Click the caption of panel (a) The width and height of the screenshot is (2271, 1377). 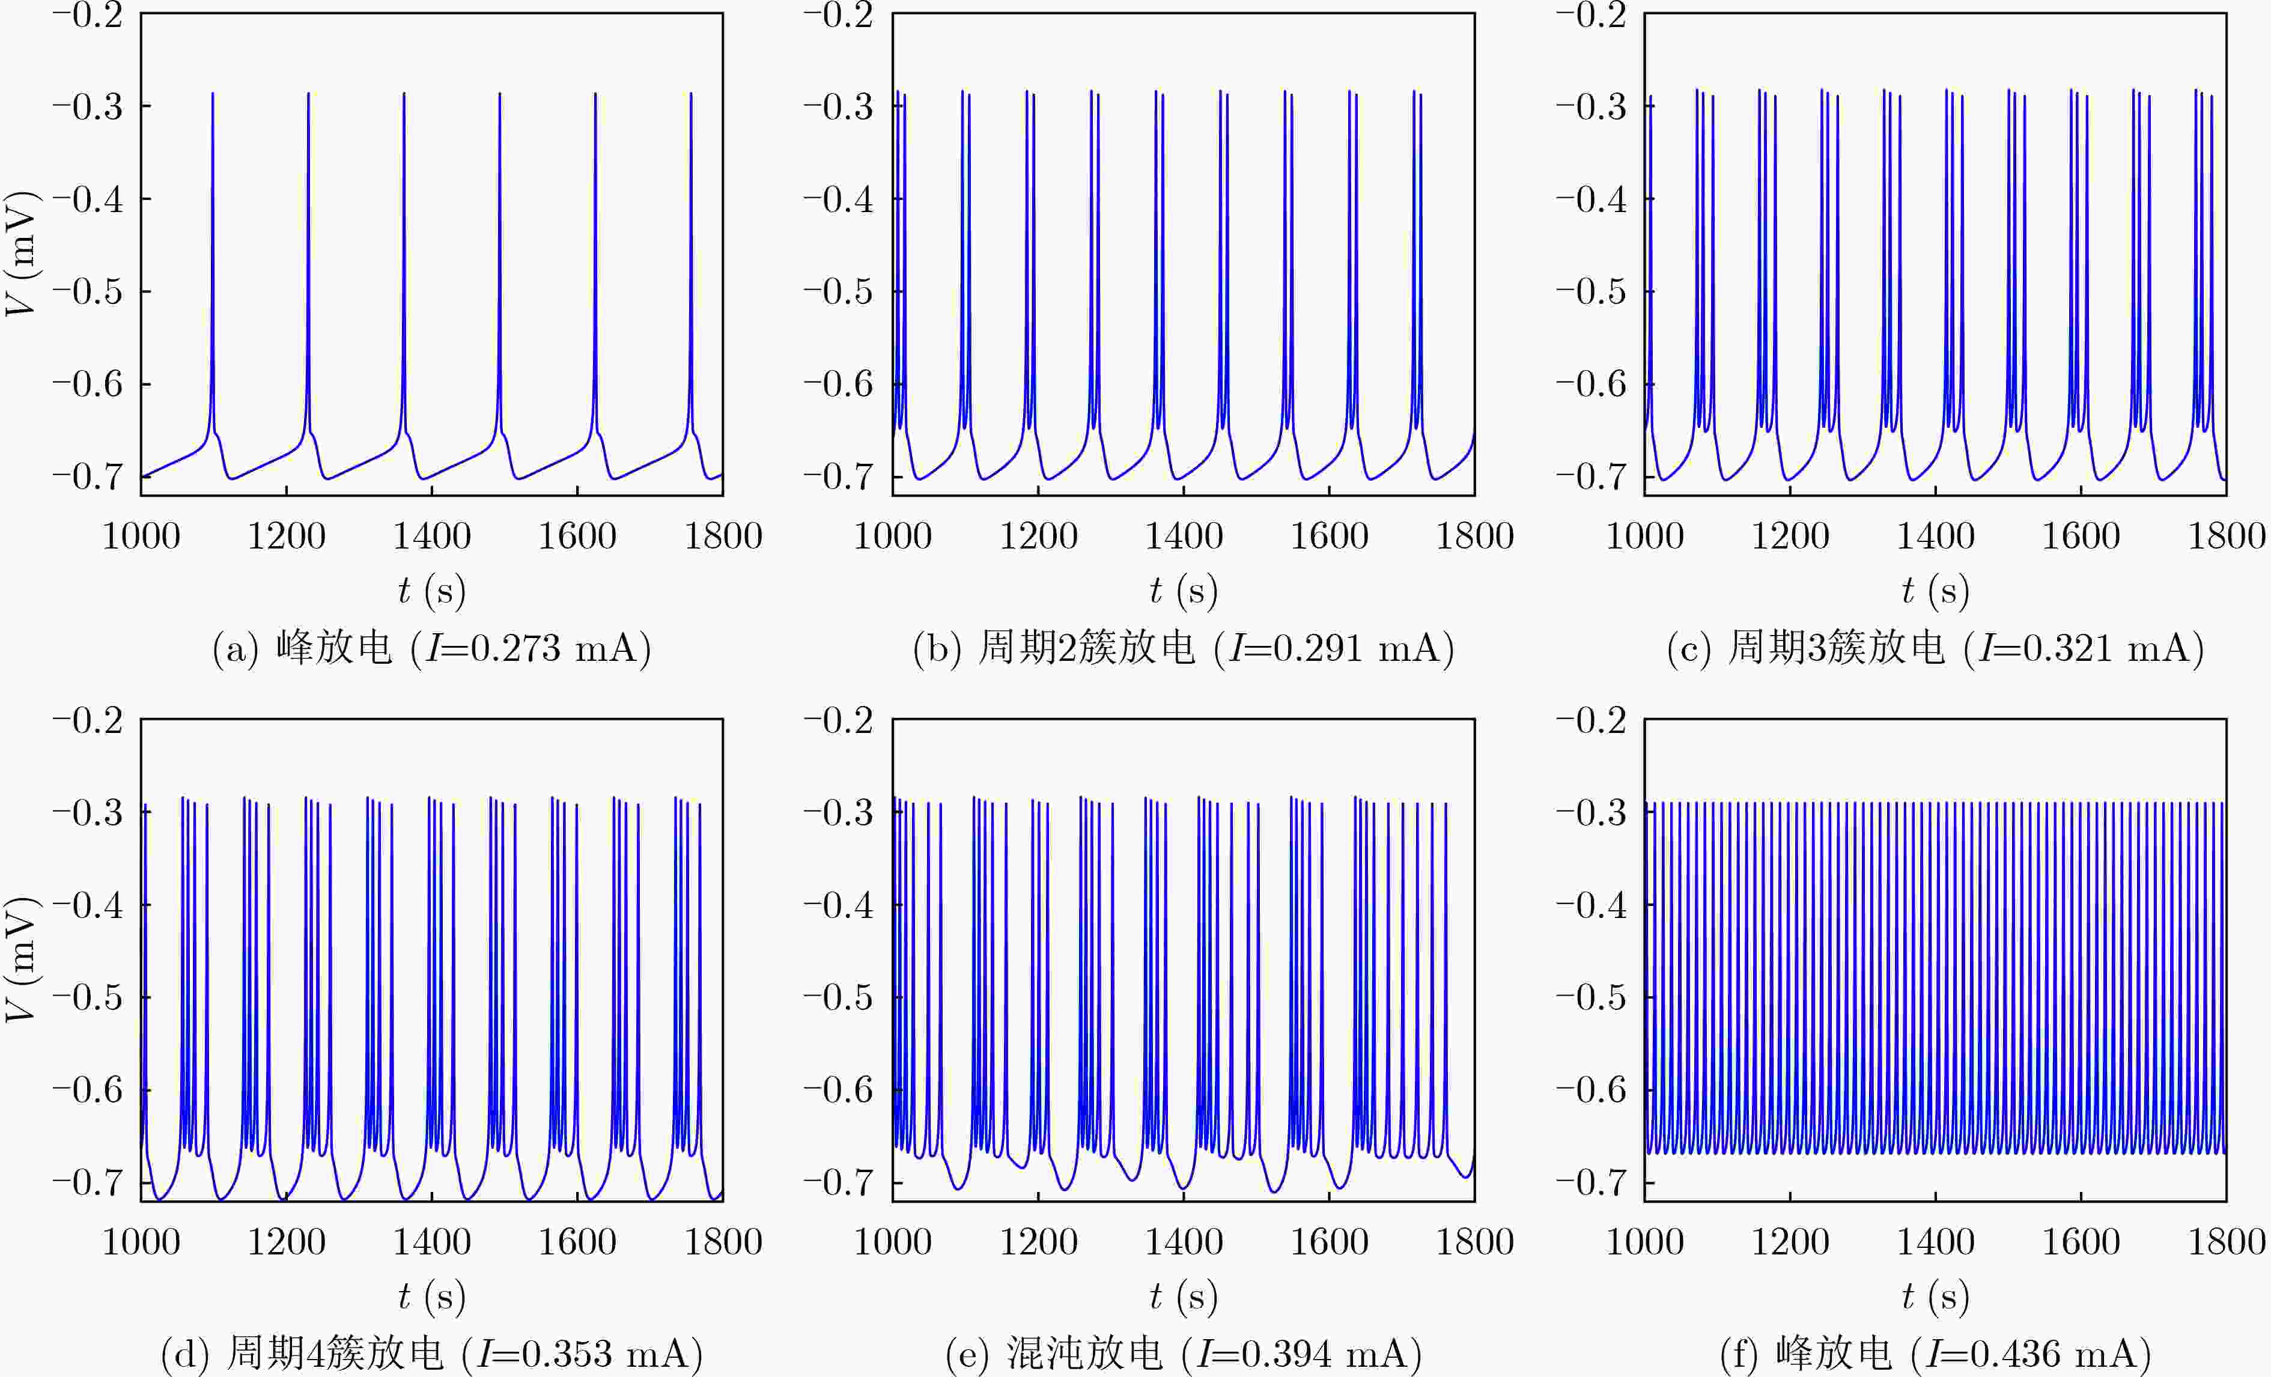[x=431, y=648]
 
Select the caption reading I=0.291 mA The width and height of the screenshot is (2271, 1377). [x=1184, y=648]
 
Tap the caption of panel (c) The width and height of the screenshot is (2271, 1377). [x=1936, y=648]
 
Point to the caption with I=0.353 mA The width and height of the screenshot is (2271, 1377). [x=431, y=1353]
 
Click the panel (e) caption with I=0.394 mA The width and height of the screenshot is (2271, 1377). [x=1184, y=1353]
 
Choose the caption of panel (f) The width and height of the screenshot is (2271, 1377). [x=1936, y=1353]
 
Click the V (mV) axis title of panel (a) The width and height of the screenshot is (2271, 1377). [x=22, y=254]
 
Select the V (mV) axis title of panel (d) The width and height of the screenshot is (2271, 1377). [x=22, y=959]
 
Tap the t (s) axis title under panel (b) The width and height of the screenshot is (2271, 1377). [x=1184, y=590]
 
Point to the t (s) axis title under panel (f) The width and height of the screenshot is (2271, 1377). [x=1936, y=1295]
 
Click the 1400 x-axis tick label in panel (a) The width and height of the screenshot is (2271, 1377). [x=431, y=535]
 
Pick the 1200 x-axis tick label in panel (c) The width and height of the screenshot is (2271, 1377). [x=1790, y=535]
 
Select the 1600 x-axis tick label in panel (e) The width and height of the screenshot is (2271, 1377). [x=1329, y=1241]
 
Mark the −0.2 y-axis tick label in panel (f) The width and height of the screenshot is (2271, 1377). [x=1591, y=720]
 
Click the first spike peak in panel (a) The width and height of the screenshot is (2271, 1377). [x=213, y=93]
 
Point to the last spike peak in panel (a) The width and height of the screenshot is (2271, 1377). [x=692, y=93]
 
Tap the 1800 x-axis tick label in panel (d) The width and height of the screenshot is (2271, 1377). [x=723, y=1241]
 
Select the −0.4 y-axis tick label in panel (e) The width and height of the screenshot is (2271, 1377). [x=838, y=904]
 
